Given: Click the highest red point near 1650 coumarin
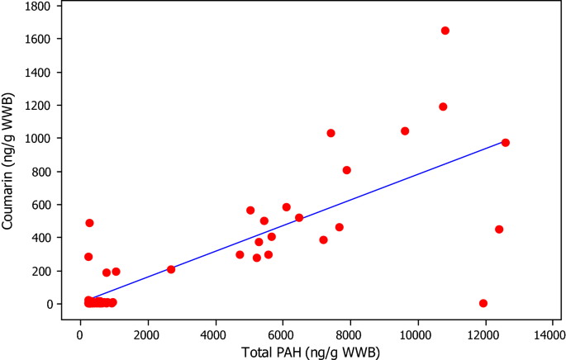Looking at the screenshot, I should [445, 31].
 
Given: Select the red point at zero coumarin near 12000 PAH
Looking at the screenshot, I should [483, 303].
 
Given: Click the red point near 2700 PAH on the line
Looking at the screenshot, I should [171, 269].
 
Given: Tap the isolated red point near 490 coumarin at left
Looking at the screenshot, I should [89, 223].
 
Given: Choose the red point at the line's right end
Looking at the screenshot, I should [506, 143].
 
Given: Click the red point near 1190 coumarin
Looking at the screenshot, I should [443, 107].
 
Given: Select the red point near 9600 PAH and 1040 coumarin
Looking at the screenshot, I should [405, 131].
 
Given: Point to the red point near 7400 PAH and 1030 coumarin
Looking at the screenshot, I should [331, 133].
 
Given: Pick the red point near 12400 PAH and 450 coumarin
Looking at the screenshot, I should [499, 230].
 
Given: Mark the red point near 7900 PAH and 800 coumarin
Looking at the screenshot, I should [347, 170].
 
